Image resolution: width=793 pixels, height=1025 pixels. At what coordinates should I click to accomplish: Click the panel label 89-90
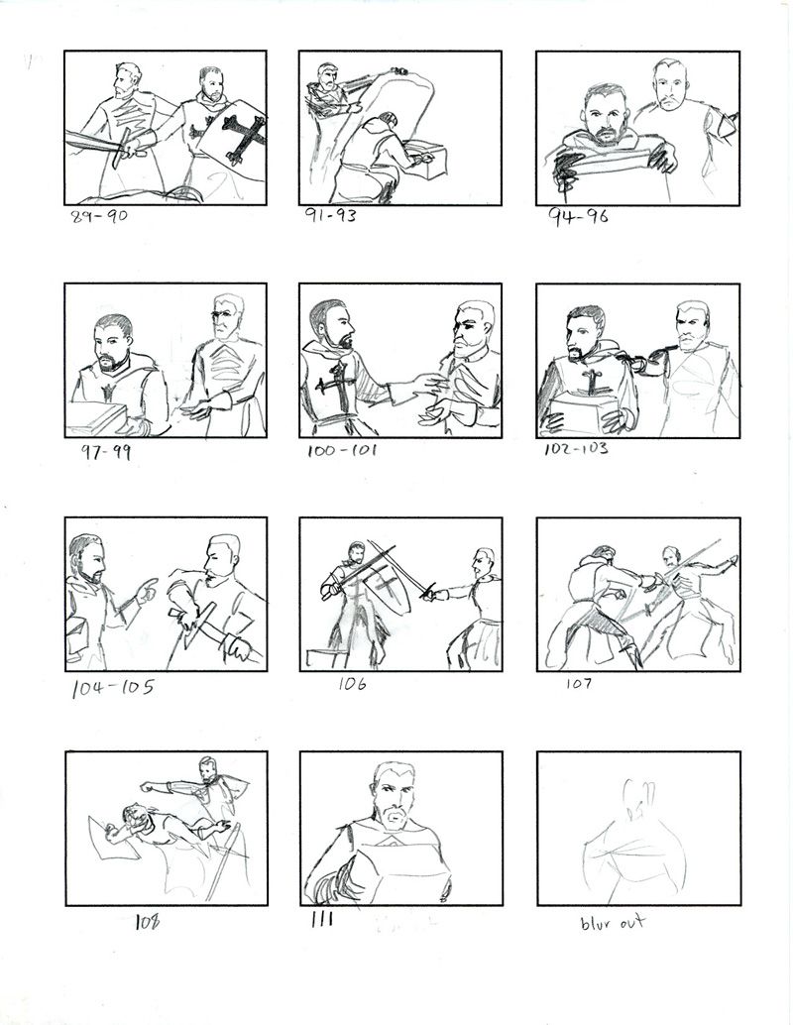[x=99, y=216]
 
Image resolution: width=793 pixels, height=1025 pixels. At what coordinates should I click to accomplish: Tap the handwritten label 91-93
[x=331, y=215]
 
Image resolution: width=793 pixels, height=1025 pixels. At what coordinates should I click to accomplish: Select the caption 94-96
[x=578, y=216]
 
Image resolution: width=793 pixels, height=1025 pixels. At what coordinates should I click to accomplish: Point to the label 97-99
[x=105, y=452]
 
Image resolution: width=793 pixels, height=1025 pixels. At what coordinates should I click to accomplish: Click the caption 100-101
[x=342, y=450]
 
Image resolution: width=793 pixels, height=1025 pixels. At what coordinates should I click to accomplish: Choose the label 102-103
[x=576, y=449]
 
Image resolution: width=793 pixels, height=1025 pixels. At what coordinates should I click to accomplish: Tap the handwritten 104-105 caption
[x=112, y=688]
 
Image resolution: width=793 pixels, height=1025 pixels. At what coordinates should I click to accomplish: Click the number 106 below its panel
[x=352, y=684]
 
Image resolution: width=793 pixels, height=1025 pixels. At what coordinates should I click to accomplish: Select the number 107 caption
[x=579, y=684]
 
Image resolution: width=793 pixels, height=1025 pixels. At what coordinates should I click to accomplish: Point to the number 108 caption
[x=147, y=922]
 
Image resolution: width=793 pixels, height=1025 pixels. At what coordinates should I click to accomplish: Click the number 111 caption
[x=321, y=920]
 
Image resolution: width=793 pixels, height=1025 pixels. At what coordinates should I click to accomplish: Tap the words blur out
[x=613, y=922]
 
